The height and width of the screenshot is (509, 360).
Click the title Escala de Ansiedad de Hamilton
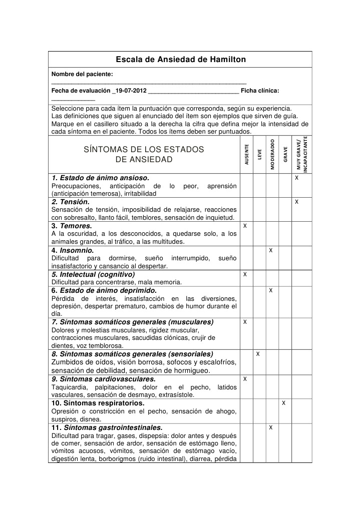(181, 60)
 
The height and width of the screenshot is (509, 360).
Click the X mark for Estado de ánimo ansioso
(297, 178)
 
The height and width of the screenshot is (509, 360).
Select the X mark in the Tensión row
(297, 202)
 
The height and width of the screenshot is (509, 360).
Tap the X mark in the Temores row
(245, 226)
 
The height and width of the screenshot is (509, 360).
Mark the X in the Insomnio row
(270, 250)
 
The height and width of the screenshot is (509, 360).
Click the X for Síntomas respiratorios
(283, 403)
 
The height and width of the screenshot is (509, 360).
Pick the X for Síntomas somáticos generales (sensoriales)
(257, 354)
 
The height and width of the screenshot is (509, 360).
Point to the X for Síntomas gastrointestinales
(270, 427)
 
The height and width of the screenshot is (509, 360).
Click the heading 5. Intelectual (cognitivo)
(93, 274)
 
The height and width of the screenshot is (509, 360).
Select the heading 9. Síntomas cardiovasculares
(104, 379)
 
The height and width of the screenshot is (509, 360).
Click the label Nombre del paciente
(82, 74)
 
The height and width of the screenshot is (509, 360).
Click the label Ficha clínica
(260, 91)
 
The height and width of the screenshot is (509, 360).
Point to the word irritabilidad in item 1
(135, 193)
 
